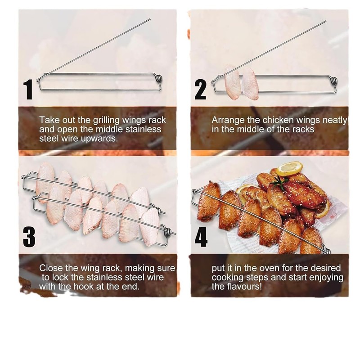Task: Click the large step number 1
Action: pos(29,90)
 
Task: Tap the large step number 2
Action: pos(200,90)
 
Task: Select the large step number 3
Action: pos(29,237)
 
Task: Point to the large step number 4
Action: pos(201,237)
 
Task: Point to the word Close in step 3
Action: pos(50,268)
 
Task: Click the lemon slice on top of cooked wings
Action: pos(289,169)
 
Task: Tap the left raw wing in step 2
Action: pos(232,82)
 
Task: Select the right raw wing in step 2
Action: pos(250,84)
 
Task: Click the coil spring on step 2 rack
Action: pos(333,81)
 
